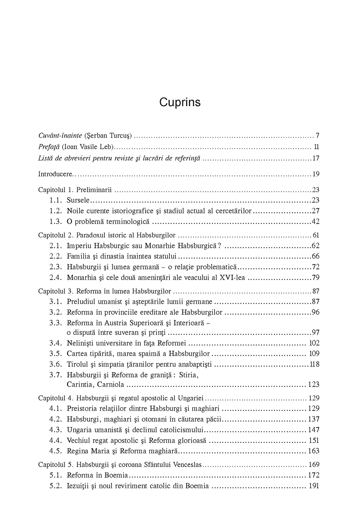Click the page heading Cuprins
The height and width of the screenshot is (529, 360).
click(180, 102)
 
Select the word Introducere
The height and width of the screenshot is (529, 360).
click(54, 174)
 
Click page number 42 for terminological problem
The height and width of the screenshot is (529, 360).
click(315, 222)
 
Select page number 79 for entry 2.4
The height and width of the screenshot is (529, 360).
click(315, 278)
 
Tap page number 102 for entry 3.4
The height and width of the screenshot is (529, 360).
click(314, 343)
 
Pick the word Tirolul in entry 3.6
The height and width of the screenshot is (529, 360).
click(78, 364)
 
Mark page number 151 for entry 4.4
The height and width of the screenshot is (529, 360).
click(314, 440)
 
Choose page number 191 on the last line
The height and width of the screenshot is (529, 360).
click(314, 486)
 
